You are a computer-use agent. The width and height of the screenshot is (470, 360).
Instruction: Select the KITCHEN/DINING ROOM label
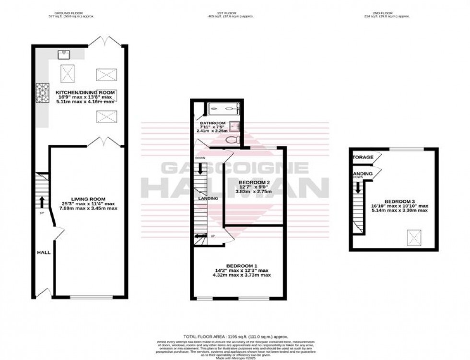tap(85, 92)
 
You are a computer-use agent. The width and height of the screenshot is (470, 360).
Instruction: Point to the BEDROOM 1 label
tap(242, 266)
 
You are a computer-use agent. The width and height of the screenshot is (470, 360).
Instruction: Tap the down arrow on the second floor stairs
tap(358, 189)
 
